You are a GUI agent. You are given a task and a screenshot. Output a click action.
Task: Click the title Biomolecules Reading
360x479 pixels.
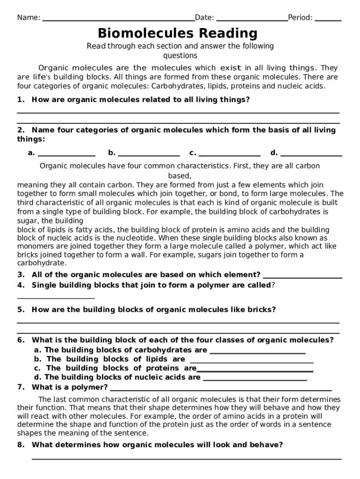(178, 33)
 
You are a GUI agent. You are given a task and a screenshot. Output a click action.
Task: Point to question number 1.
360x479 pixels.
(21, 100)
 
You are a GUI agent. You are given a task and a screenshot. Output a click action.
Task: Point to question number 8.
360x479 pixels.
(21, 445)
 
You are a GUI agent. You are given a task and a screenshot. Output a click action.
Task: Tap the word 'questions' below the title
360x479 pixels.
(180, 56)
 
